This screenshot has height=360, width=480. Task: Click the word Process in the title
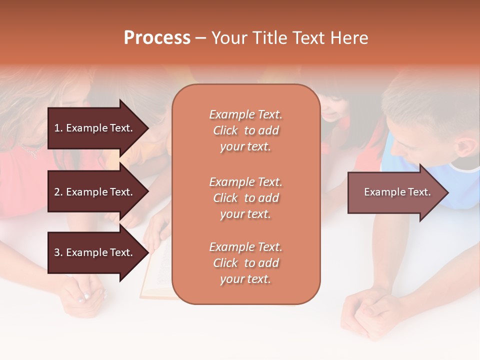[157, 38]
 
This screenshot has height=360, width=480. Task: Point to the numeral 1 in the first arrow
[56, 128]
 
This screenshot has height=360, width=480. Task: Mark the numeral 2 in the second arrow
[56, 192]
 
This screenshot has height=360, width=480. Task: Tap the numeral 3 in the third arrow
[56, 252]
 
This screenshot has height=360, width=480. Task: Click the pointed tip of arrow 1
[146, 128]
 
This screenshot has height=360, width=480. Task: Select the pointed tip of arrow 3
[146, 252]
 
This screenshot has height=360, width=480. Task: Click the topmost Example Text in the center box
[245, 114]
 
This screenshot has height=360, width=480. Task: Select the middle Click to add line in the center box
[245, 198]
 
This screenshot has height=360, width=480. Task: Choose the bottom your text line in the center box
[245, 279]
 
